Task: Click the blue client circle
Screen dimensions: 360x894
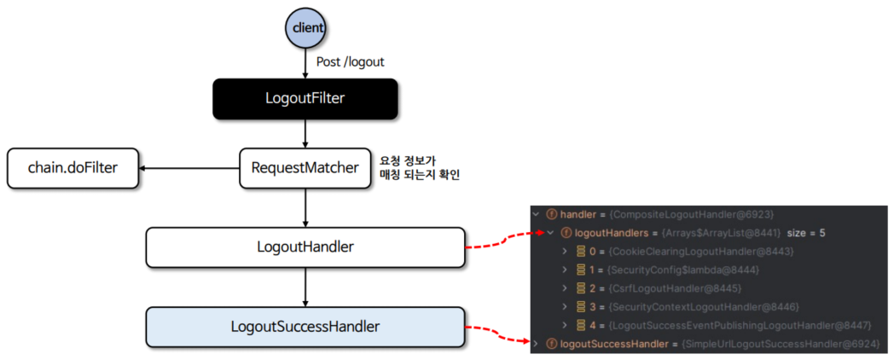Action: [306, 27]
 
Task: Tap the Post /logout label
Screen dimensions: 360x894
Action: [351, 63]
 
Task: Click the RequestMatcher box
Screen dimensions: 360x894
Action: [305, 167]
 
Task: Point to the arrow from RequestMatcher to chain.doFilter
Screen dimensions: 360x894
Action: [189, 168]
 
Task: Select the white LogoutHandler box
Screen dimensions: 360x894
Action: [305, 247]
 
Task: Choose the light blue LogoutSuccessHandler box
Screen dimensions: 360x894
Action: [305, 326]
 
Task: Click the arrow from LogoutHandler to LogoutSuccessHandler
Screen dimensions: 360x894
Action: [305, 287]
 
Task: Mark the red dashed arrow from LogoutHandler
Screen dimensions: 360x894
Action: [503, 239]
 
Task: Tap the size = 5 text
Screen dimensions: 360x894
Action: [826, 233]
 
